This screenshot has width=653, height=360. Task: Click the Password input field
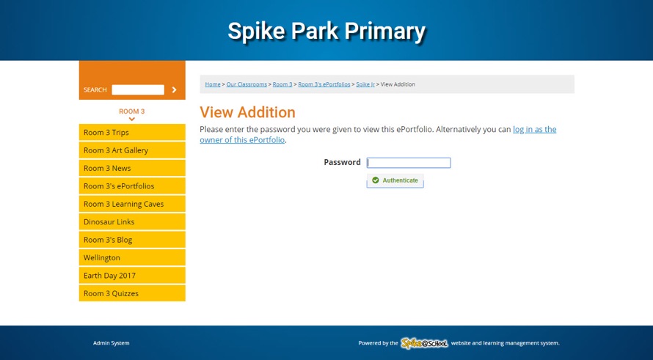pyautogui.click(x=409, y=163)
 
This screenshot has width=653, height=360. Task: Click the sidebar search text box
pyautogui.click(x=138, y=90)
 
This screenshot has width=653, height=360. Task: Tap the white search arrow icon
pyautogui.click(x=174, y=90)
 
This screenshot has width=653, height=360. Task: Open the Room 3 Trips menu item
pyautogui.click(x=132, y=133)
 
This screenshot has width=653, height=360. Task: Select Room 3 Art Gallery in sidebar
pyautogui.click(x=132, y=150)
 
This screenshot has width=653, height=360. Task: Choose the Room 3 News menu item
pyautogui.click(x=132, y=168)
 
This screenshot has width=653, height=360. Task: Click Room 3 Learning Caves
pyautogui.click(x=132, y=204)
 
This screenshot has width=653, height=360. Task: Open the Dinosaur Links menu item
pyautogui.click(x=132, y=222)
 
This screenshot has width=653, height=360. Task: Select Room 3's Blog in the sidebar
pyautogui.click(x=132, y=240)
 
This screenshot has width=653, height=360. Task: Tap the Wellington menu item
pyautogui.click(x=132, y=257)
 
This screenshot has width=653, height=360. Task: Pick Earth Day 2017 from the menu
pyautogui.click(x=132, y=276)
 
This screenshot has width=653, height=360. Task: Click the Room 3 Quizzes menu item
pyautogui.click(x=132, y=293)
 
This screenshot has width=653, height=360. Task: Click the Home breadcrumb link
pyautogui.click(x=213, y=84)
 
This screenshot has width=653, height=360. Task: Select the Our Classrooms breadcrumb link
pyautogui.click(x=247, y=84)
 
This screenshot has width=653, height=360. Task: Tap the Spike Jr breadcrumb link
pyautogui.click(x=365, y=84)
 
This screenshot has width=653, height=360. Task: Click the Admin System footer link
pyautogui.click(x=112, y=343)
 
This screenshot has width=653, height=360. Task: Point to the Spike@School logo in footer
pyautogui.click(x=424, y=343)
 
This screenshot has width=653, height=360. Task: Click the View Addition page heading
pyautogui.click(x=247, y=112)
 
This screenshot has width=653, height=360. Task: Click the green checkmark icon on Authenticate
pyautogui.click(x=376, y=180)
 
